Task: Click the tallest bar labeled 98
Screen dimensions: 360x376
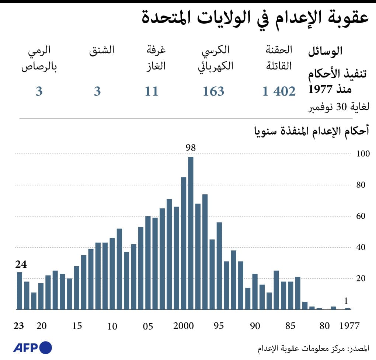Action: (191, 233)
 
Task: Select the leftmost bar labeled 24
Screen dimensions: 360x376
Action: (20, 291)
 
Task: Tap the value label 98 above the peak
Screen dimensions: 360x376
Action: (191, 148)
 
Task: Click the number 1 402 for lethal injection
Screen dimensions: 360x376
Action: (279, 91)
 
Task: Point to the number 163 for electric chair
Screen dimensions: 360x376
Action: (213, 91)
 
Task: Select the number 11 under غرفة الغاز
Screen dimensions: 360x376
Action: (151, 91)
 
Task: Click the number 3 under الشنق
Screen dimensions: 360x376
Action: (97, 91)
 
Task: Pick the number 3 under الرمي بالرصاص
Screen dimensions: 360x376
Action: (39, 91)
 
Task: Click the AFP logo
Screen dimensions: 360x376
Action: (32, 347)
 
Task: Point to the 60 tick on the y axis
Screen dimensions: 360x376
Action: (361, 216)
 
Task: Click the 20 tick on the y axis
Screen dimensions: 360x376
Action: (361, 278)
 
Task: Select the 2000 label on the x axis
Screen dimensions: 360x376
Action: (183, 326)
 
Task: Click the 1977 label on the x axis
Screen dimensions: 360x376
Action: (349, 326)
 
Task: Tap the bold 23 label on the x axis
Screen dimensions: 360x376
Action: (19, 326)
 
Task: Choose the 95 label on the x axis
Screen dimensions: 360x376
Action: (219, 326)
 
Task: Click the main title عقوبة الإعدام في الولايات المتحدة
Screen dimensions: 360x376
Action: (255, 18)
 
